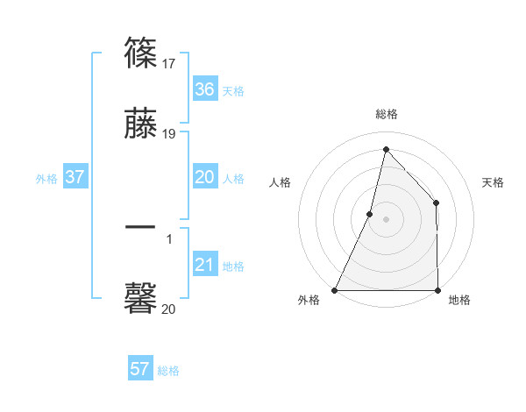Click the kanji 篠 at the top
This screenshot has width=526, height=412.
[141, 53]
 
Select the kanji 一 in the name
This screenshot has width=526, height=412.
[141, 226]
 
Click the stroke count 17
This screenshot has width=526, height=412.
[170, 64]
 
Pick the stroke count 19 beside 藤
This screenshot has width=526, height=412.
[170, 134]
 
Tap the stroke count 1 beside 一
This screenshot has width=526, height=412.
[169, 238]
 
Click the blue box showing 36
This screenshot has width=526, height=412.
[205, 89]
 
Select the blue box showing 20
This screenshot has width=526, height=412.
[205, 177]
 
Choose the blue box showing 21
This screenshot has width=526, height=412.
[205, 265]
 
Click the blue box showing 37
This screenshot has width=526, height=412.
[75, 177]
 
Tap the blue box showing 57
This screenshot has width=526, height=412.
[140, 369]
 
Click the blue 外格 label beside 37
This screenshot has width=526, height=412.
[46, 178]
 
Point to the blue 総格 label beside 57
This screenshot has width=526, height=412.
[168, 371]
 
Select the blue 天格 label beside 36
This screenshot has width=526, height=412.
[233, 91]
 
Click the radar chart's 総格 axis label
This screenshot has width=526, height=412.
[387, 114]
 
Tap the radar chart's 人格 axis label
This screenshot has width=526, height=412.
[280, 182]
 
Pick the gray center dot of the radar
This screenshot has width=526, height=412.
[387, 219]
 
